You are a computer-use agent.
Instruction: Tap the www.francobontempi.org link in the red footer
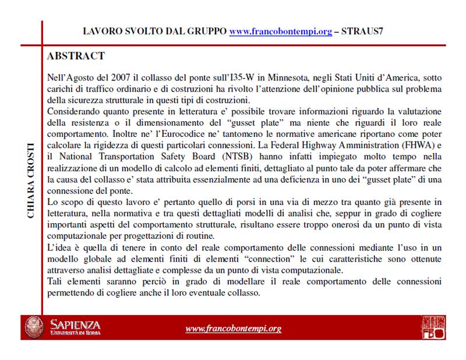tap(233, 329)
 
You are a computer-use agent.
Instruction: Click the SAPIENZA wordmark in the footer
tap(76, 324)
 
